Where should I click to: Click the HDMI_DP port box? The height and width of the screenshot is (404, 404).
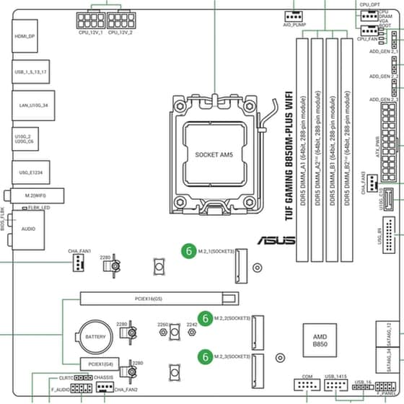[x=26, y=35]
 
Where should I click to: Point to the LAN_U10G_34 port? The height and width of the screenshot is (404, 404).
[x=28, y=106]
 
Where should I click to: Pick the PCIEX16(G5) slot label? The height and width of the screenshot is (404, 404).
[x=149, y=297]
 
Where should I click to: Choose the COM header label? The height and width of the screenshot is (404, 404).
[x=307, y=377]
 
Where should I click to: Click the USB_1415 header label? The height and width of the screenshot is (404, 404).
[x=335, y=377]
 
